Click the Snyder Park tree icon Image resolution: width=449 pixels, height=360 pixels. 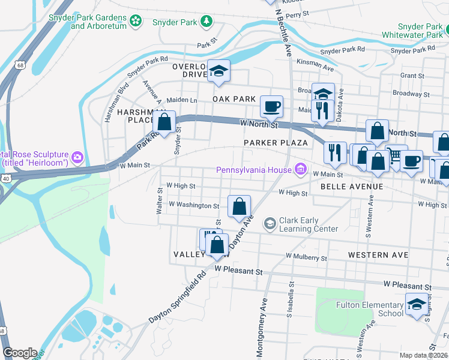tap(207, 22)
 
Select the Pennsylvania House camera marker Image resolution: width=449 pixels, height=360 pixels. tap(300, 170)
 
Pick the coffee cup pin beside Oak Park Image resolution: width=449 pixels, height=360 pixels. tap(271, 106)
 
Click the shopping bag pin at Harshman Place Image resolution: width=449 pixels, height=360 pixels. tap(164, 122)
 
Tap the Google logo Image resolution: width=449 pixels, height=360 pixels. tap(20, 353)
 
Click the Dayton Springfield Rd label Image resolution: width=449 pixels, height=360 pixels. tap(177, 298)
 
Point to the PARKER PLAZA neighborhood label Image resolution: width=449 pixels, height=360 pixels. tap(276, 143)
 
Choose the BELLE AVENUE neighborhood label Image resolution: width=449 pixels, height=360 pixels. tap(352, 187)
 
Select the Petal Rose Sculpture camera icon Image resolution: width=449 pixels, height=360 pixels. tap(77, 158)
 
